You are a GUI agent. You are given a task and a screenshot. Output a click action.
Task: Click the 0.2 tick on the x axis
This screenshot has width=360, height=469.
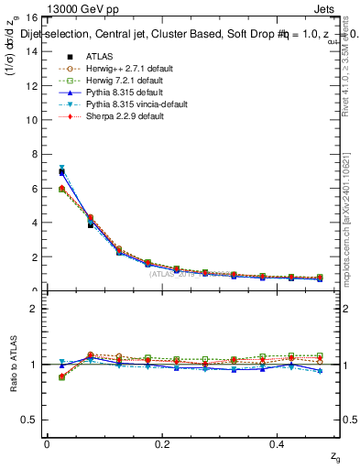[x=162, y=444]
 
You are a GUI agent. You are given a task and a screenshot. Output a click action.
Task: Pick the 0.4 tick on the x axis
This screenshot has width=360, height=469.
[x=278, y=444]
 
